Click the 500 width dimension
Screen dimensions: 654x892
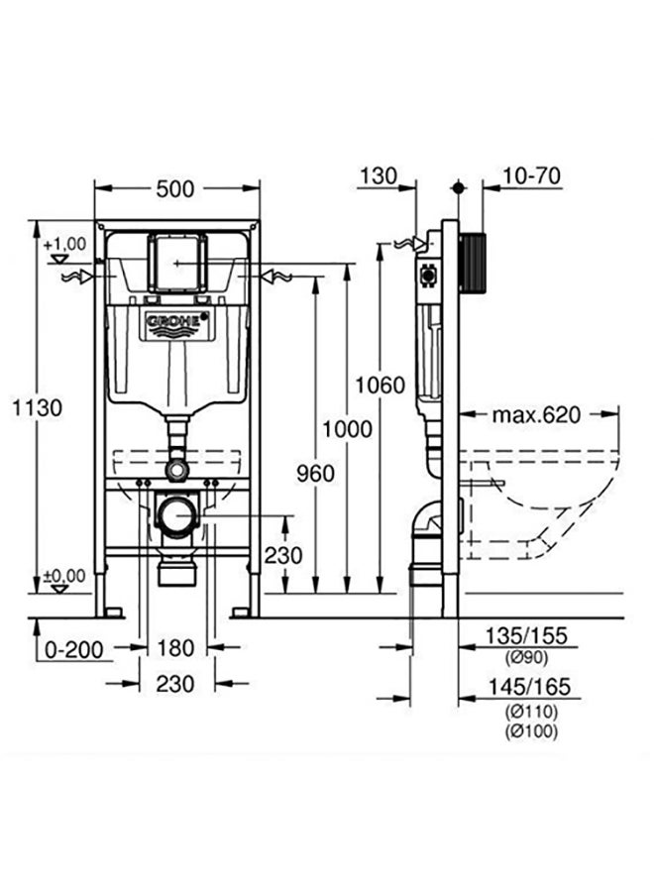point(175,189)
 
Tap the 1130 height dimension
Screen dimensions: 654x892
point(37,408)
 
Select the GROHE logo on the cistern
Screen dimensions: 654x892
point(177,322)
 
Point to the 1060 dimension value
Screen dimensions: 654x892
point(380,386)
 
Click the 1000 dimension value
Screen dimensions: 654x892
point(347,429)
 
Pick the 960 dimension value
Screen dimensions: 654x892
point(316,473)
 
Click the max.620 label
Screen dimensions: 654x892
point(536,414)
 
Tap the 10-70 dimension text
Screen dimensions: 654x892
point(531,175)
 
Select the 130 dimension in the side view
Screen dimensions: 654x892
point(378,175)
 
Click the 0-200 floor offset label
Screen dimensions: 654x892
point(74,649)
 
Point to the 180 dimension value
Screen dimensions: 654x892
point(175,648)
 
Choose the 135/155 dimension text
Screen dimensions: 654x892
point(526,635)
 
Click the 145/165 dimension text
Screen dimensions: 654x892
point(529,687)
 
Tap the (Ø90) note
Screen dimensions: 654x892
point(526,658)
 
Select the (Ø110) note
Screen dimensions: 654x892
point(531,711)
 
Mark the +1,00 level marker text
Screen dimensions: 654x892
point(65,244)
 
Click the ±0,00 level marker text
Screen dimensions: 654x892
point(64,576)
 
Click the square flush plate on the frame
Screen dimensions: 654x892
point(177,262)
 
